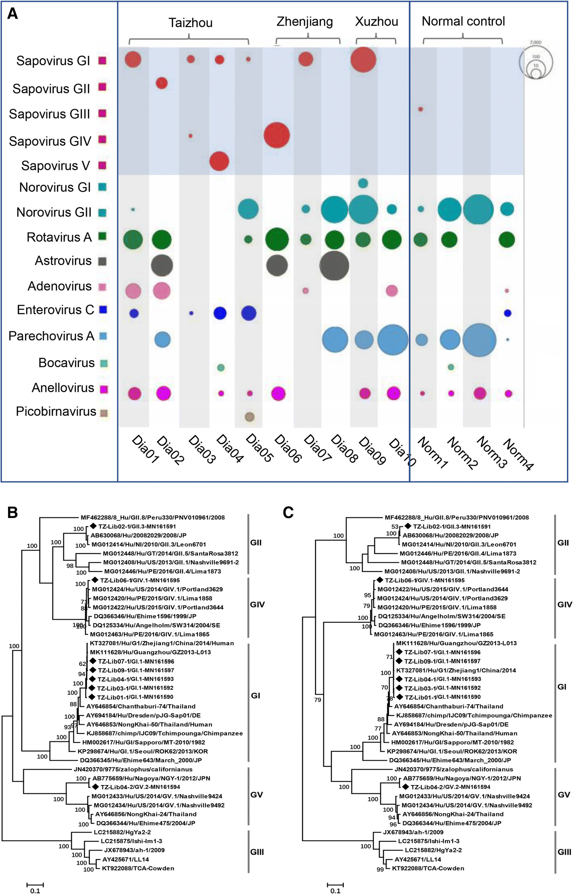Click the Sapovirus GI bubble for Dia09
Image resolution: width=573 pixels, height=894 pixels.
pyautogui.click(x=363, y=60)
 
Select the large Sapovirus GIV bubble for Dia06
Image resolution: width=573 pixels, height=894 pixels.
pyautogui.click(x=277, y=135)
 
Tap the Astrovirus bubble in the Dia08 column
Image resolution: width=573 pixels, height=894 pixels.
pyautogui.click(x=334, y=266)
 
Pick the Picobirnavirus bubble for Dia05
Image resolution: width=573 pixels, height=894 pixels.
pyautogui.click(x=249, y=416)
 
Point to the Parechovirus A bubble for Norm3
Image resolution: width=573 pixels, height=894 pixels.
pyautogui.click(x=479, y=340)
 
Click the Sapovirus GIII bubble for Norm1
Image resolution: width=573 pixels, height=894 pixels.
pyautogui.click(x=421, y=109)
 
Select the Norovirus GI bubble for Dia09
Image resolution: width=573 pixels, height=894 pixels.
pyautogui.click(x=363, y=183)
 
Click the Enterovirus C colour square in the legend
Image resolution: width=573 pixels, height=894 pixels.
pyautogui.click(x=103, y=309)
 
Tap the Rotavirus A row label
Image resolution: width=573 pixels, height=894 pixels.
pyautogui.click(x=59, y=237)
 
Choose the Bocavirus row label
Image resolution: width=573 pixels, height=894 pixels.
pyautogui.click(x=66, y=363)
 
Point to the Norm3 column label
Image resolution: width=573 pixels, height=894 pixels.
pyautogui.click(x=492, y=452)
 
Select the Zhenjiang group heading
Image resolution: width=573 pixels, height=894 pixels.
pyautogui.click(x=304, y=22)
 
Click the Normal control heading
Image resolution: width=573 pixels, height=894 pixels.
pyautogui.click(x=463, y=21)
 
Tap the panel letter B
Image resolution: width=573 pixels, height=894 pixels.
pyautogui.click(x=13, y=512)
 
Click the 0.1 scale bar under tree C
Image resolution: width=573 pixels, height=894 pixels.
pyautogui.click(x=335, y=885)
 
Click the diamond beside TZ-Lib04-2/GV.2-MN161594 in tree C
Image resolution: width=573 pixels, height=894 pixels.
pyautogui.click(x=406, y=787)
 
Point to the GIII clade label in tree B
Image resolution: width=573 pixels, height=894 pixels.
pyautogui.click(x=257, y=852)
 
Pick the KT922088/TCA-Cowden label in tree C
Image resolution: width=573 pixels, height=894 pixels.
pyautogui.click(x=428, y=868)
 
